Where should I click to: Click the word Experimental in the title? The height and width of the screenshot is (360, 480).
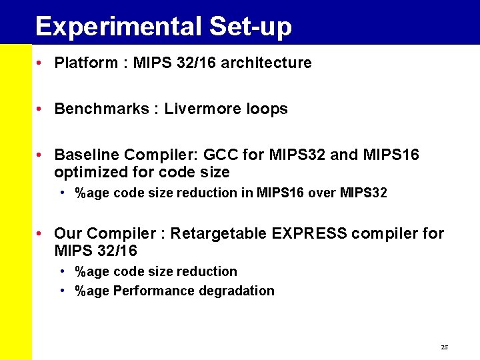pyautogui.click(x=118, y=27)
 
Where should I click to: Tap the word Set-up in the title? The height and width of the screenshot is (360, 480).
pyautogui.click(x=250, y=27)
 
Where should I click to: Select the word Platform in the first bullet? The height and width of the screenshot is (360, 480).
pyautogui.click(x=83, y=63)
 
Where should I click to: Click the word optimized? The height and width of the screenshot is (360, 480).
pyautogui.click(x=87, y=173)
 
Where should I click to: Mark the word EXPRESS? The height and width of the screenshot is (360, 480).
pyautogui.click(x=309, y=234)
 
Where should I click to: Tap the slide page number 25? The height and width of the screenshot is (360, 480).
pyautogui.click(x=445, y=348)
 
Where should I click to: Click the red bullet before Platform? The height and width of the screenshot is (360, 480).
pyautogui.click(x=41, y=63)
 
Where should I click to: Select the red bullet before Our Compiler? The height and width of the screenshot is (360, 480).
pyautogui.click(x=41, y=234)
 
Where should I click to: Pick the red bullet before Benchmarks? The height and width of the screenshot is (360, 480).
pyautogui.click(x=41, y=109)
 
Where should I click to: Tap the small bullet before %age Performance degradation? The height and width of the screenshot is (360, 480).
pyautogui.click(x=62, y=291)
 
